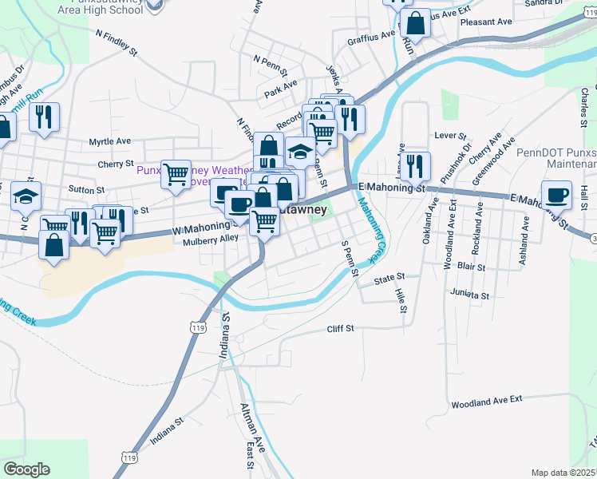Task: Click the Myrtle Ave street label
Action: [x=110, y=141]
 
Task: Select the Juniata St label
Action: [x=469, y=295]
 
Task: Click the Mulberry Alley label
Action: [x=211, y=240]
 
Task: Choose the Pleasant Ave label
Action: [x=486, y=22]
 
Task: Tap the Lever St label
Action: [x=449, y=136]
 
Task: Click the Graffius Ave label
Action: [x=371, y=36]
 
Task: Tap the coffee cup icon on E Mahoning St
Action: [x=556, y=193]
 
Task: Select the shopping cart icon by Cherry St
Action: [x=175, y=172]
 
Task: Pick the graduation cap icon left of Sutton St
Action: [x=26, y=196]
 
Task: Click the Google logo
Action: [x=26, y=469]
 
